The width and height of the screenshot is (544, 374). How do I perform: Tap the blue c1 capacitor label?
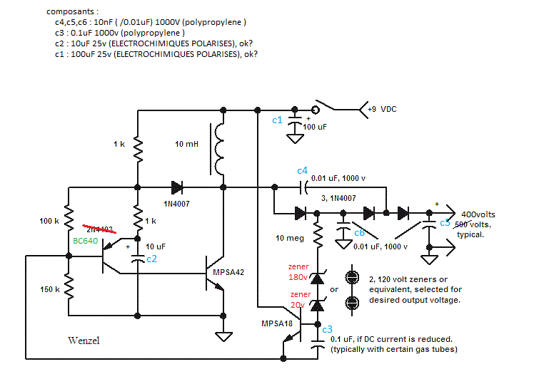pos(278,120)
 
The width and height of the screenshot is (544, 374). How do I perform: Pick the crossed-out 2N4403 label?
pos(100,229)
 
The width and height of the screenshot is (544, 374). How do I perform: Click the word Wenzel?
pos(84,341)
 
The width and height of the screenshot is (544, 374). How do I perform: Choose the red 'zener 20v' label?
pos(298,298)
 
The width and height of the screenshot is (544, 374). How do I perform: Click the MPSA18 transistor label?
pos(278,324)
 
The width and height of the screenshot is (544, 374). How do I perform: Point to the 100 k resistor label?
pos(49,221)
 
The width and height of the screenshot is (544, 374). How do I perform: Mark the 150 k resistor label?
pos(49,290)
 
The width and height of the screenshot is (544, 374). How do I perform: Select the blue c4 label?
pos(302,171)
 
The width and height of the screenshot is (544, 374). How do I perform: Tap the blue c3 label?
pos(327,329)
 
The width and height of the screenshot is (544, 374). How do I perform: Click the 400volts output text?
pos(478,214)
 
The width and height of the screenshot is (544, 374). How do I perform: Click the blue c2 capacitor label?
pos(151,259)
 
